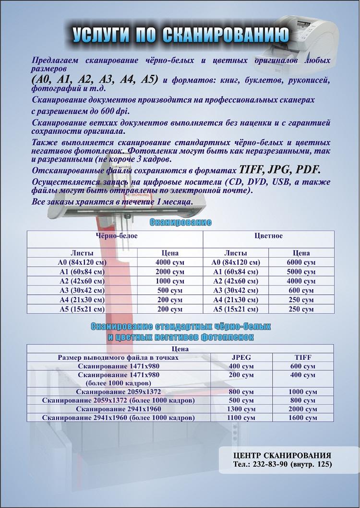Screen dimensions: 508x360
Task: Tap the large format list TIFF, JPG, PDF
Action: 279,170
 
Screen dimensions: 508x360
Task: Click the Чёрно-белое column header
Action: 115,236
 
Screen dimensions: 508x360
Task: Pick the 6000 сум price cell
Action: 301,262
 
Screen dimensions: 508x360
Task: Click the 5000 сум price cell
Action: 301,272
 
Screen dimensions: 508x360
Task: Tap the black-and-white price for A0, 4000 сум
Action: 170,262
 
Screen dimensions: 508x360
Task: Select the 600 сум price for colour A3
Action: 301,290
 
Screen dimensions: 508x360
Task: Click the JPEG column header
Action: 241,357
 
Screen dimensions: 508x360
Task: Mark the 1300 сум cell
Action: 241,409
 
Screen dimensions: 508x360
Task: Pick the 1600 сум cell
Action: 302,418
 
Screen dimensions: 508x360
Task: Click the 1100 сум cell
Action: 241,418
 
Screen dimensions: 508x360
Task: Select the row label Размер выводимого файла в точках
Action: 119,357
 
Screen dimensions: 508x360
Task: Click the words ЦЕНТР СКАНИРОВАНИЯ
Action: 282,455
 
